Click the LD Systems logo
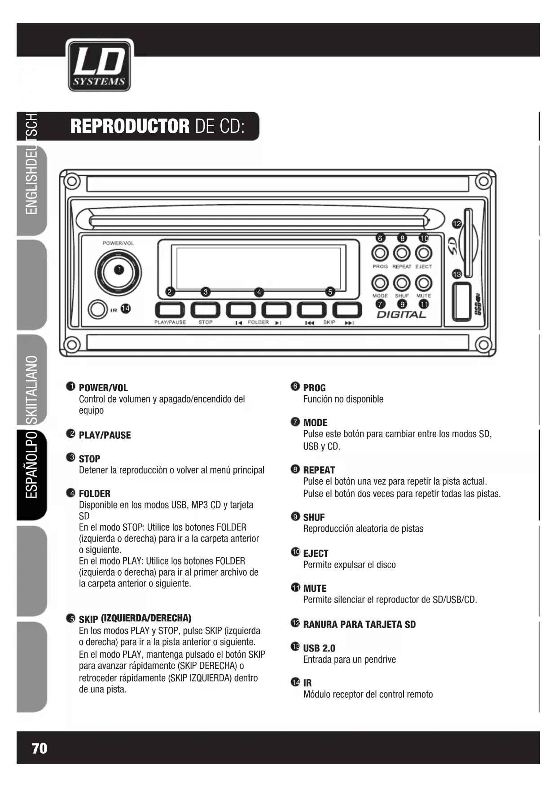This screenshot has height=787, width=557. [x=99, y=65]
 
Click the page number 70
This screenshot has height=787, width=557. [x=39, y=748]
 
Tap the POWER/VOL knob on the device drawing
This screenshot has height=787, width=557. [x=118, y=272]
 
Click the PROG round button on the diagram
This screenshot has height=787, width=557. [x=380, y=254]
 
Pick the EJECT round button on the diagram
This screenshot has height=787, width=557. [x=423, y=254]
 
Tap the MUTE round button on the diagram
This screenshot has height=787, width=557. [x=423, y=283]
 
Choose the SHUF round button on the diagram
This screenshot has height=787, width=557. [x=402, y=283]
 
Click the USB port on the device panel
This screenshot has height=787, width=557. [x=461, y=302]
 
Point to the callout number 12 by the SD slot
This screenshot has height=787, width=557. [x=456, y=223]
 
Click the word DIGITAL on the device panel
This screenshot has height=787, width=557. [x=401, y=315]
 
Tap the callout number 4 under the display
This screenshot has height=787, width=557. [x=259, y=292]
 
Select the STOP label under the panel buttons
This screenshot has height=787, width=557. [x=205, y=322]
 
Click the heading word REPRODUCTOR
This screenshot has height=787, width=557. [x=130, y=127]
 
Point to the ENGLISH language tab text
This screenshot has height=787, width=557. [x=32, y=188]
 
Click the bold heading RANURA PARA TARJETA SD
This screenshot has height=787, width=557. [x=359, y=625]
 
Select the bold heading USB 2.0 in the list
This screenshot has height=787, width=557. [x=319, y=648]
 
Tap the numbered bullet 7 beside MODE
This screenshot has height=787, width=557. [x=295, y=422]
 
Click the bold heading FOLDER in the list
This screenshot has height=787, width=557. [x=94, y=494]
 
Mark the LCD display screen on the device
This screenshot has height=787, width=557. [x=258, y=267]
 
